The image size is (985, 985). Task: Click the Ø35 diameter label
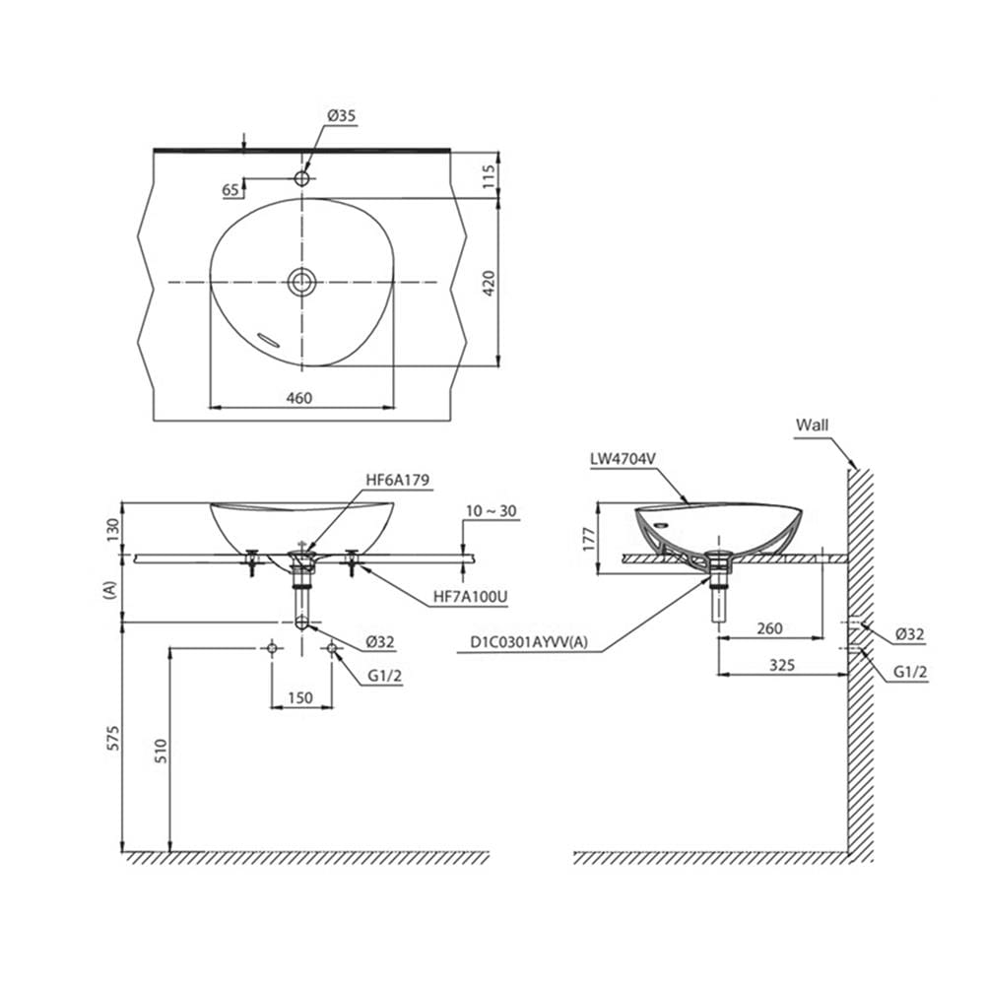(x=341, y=115)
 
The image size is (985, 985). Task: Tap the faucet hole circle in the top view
(x=302, y=178)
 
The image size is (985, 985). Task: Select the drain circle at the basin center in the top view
(x=302, y=282)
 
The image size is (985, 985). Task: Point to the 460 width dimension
(x=299, y=398)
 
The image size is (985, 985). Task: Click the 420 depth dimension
(x=490, y=283)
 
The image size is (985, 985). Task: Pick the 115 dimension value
(x=490, y=177)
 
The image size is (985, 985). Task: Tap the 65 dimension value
(x=230, y=190)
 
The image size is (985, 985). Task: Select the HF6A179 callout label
(x=397, y=480)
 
